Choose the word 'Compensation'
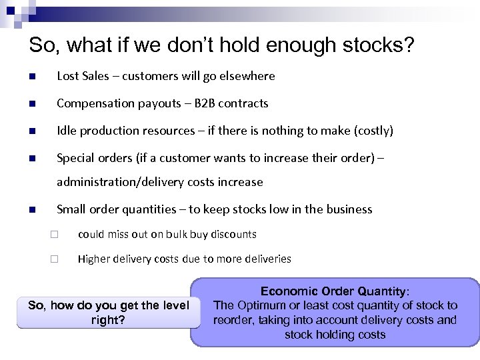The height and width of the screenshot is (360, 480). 95,103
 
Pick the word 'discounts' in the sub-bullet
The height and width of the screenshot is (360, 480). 233,235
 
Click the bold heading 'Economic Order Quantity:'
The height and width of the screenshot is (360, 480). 335,292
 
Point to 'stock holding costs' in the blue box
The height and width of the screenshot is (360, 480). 335,334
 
